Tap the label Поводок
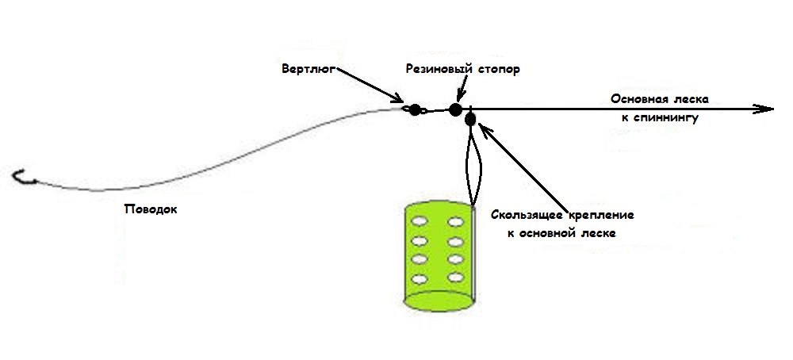[151, 210]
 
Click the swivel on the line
[415, 109]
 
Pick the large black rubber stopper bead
[455, 110]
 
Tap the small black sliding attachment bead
[470, 120]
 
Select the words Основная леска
[659, 99]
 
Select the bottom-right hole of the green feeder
[454, 278]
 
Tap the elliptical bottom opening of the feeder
[439, 300]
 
